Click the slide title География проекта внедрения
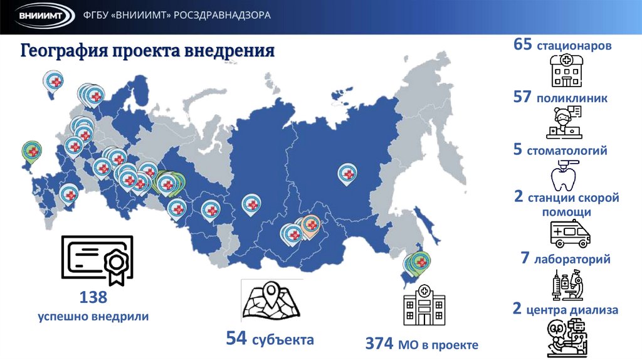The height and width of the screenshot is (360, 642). [x=148, y=51]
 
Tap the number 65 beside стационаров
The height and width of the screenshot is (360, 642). [x=522, y=45]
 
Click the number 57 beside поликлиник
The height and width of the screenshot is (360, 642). [x=522, y=98]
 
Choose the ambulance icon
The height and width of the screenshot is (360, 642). [x=569, y=235]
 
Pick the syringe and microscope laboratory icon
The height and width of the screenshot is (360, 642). [x=568, y=283]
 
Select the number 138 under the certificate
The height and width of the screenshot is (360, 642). [x=93, y=297]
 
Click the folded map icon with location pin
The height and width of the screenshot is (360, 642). [x=271, y=302]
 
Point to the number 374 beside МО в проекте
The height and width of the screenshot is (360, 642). [x=379, y=344]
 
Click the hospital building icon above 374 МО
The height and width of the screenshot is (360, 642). [x=424, y=304]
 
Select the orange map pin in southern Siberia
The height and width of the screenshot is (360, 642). [x=311, y=225]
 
